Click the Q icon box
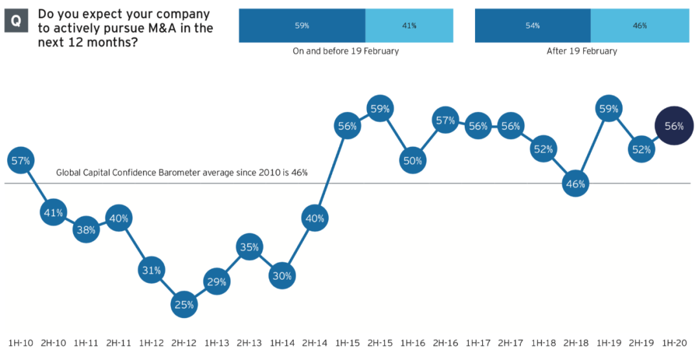pyautogui.click(x=16, y=21)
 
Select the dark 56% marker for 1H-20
pyautogui.click(x=674, y=126)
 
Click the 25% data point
pyautogui.click(x=184, y=304)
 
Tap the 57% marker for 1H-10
pyautogui.click(x=21, y=161)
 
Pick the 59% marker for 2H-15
pyautogui.click(x=380, y=109)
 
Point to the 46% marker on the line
pyautogui.click(x=575, y=184)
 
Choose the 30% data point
pyautogui.click(x=282, y=276)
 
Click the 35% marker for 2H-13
pyautogui.click(x=249, y=247)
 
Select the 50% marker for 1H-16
pyautogui.click(x=413, y=161)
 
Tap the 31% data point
pyautogui.click(x=151, y=270)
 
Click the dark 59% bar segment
pyautogui.click(x=302, y=26)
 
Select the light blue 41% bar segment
pyautogui.click(x=408, y=26)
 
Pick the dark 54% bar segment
pyautogui.click(x=533, y=26)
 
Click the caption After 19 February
pyautogui.click(x=582, y=51)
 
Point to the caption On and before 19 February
pyautogui.click(x=346, y=51)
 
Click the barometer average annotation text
pyautogui.click(x=182, y=173)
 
